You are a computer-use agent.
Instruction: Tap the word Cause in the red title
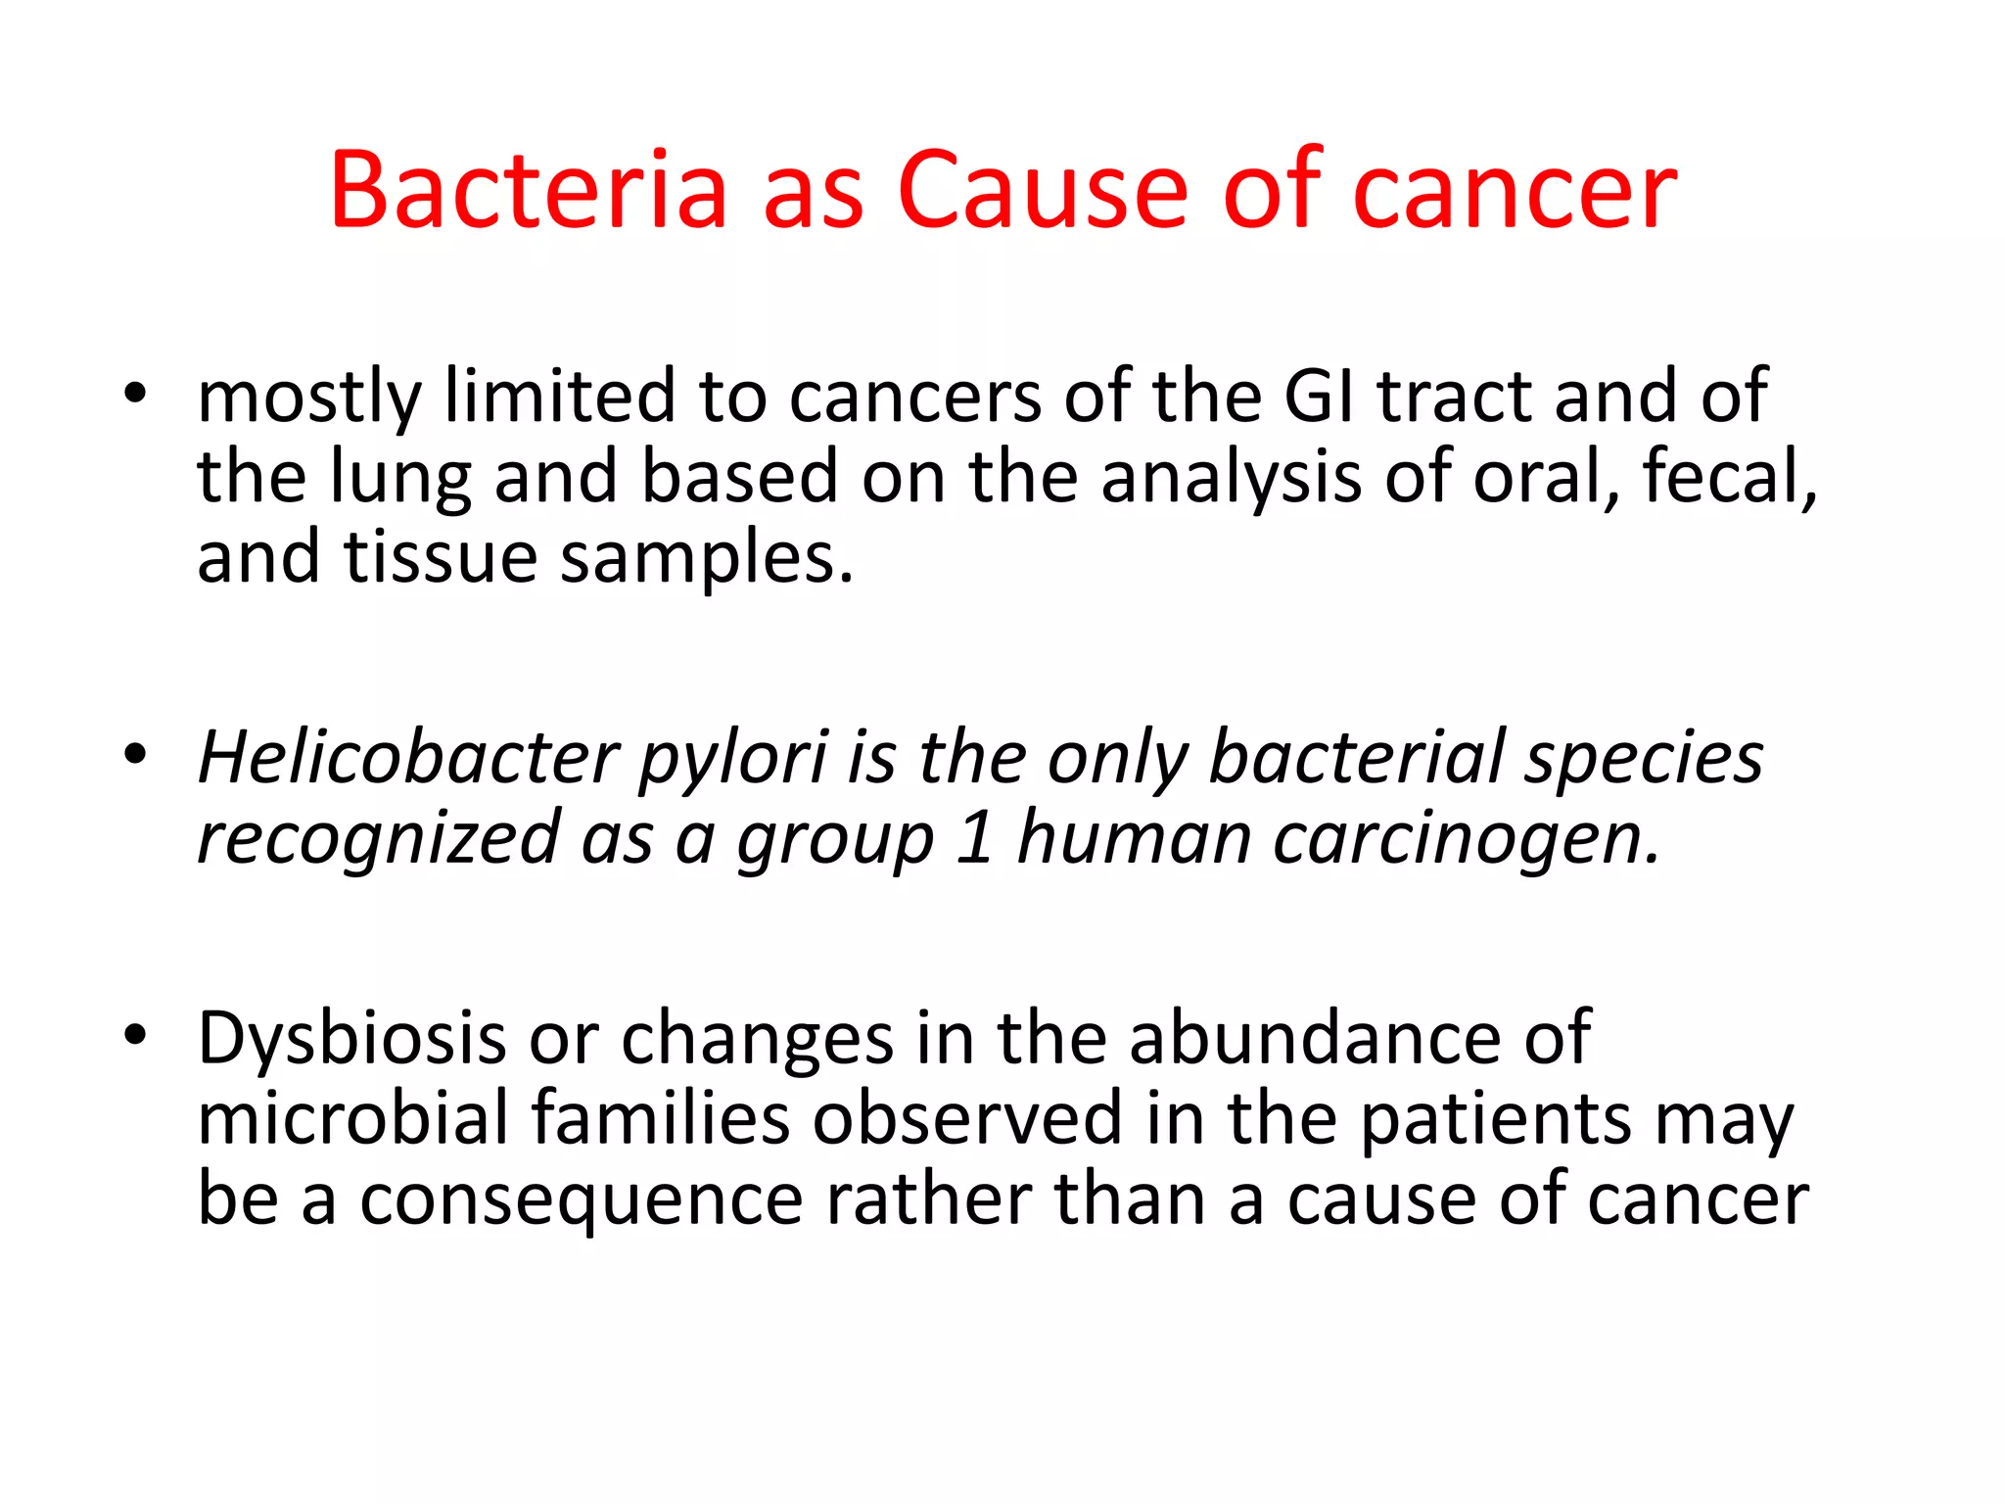1041,191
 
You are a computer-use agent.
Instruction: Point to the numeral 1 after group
975,839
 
